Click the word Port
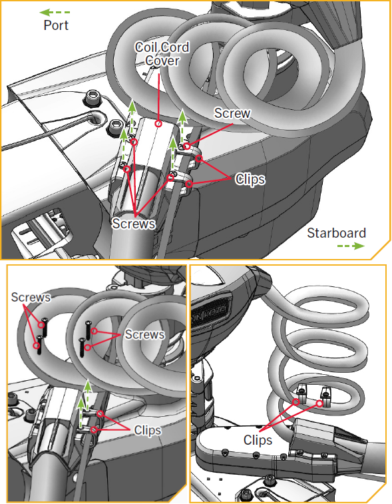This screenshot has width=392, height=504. pos(56,25)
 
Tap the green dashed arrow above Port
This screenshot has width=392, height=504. pos(55,13)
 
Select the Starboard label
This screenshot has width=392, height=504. pos(336,233)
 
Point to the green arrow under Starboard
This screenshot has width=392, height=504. pos(351,246)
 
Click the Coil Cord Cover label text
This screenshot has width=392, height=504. pos(162,54)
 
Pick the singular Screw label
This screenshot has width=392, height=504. pos(232,113)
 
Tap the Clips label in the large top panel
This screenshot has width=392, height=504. pos(250,179)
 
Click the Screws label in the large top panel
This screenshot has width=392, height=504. pos(133,224)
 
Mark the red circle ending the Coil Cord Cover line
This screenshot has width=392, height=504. pos(158,123)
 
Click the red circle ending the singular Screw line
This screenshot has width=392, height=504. pos(187,146)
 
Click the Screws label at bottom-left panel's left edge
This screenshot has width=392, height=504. pos(31,297)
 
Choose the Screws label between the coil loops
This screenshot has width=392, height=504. pos(144,334)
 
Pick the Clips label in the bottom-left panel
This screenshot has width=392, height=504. pos(148,430)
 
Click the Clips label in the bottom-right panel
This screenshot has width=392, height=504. pos(258,439)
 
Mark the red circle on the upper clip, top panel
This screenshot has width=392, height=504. pos(199,158)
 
